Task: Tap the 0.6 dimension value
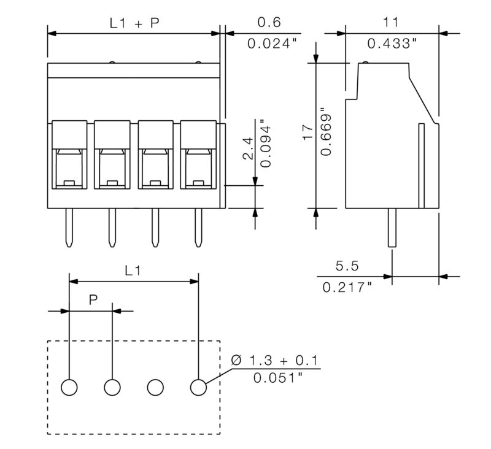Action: click(269, 23)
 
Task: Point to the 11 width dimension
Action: click(391, 23)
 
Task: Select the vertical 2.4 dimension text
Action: click(248, 148)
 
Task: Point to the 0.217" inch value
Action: click(347, 286)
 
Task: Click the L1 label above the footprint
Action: click(133, 271)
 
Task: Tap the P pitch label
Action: click(93, 300)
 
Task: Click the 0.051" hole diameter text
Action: click(277, 378)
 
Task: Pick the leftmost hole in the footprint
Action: click(69, 387)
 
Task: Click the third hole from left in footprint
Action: click(155, 387)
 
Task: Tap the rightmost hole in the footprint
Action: click(198, 387)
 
